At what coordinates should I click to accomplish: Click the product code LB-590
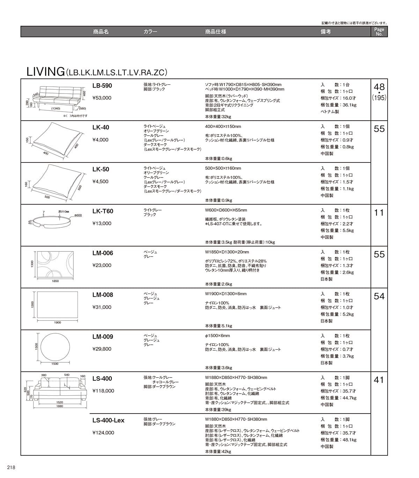[102, 86]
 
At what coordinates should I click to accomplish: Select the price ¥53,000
[102, 98]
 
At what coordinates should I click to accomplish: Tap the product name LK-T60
[103, 211]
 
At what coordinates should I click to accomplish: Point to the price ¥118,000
[103, 391]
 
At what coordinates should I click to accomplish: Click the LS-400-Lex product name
[108, 420]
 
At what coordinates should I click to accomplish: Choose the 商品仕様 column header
[215, 32]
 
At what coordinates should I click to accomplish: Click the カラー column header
[150, 32]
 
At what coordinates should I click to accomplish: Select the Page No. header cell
[379, 32]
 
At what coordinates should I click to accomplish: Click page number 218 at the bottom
[10, 468]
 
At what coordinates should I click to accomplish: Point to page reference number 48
[379, 87]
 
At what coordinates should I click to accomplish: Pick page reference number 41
[379, 380]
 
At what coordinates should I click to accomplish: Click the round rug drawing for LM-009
[55, 347]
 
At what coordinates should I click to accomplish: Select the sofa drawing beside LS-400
[60, 389]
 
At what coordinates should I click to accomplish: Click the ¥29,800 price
[102, 349]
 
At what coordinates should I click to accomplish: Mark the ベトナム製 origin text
[330, 112]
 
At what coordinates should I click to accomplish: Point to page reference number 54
[379, 296]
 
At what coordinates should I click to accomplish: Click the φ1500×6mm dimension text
[218, 336]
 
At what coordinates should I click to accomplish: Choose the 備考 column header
[325, 32]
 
